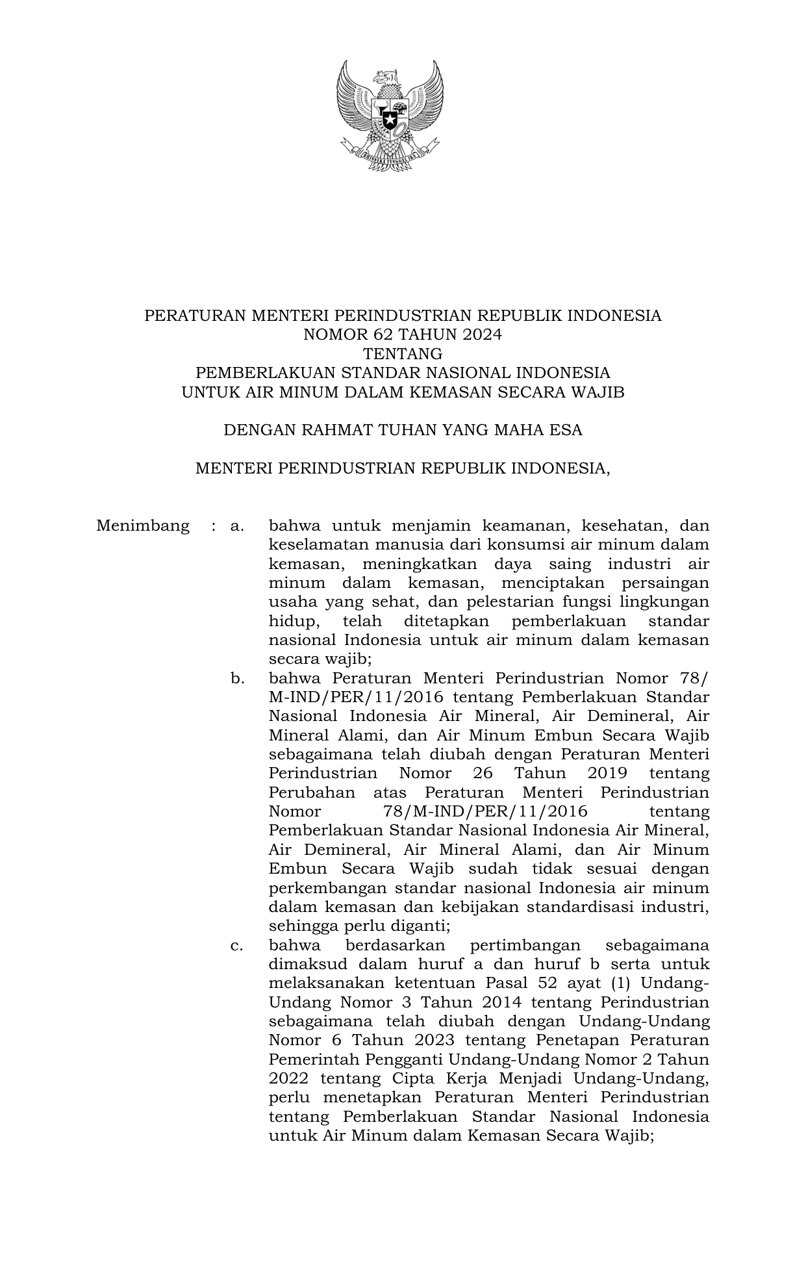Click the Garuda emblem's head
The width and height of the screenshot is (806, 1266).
(388, 77)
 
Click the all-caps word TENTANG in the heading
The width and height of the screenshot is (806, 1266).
(403, 354)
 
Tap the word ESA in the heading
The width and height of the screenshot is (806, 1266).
(567, 430)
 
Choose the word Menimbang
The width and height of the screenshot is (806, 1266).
(143, 525)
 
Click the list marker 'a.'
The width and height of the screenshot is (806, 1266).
(237, 525)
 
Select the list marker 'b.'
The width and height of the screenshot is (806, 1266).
(237, 678)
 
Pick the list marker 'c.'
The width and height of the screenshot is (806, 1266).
(237, 945)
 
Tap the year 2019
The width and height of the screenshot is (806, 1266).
(607, 774)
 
